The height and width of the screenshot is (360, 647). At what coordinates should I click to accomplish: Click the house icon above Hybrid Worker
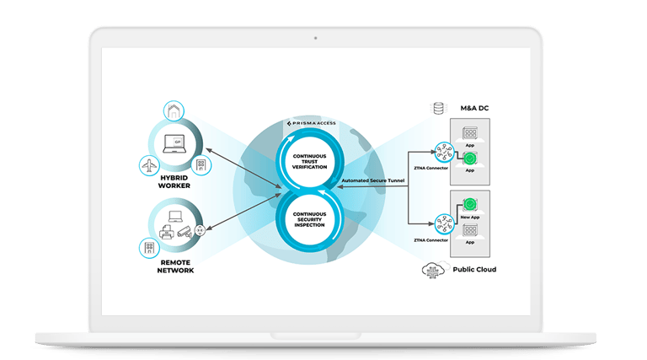tap(172, 110)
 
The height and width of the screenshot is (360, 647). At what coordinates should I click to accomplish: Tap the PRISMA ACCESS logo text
tap(314, 123)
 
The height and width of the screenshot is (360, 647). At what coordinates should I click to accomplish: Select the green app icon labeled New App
tap(470, 204)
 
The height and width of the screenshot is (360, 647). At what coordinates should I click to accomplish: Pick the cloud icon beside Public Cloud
tap(432, 270)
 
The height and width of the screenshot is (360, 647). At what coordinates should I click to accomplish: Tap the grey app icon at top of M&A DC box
tap(470, 133)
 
